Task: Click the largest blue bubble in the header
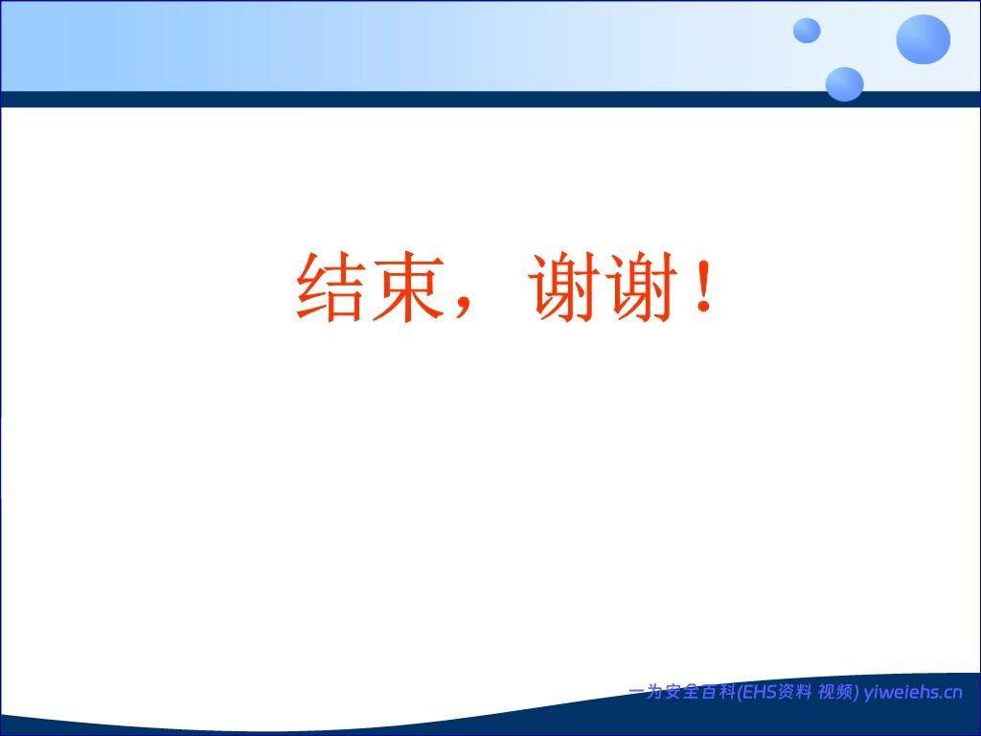pyautogui.click(x=923, y=38)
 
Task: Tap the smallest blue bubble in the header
pyautogui.click(x=807, y=31)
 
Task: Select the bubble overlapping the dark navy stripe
pyautogui.click(x=844, y=84)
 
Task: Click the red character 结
pyautogui.click(x=330, y=287)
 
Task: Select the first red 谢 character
pyautogui.click(x=564, y=287)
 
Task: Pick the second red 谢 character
pyautogui.click(x=642, y=287)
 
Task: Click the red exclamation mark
pyautogui.click(x=704, y=287)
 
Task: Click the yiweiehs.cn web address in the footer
pyautogui.click(x=913, y=692)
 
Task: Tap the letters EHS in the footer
pyautogui.click(x=759, y=692)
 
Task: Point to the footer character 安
pyautogui.click(x=673, y=692)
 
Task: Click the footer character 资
pyautogui.click(x=786, y=692)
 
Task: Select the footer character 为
pyautogui.click(x=654, y=692)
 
